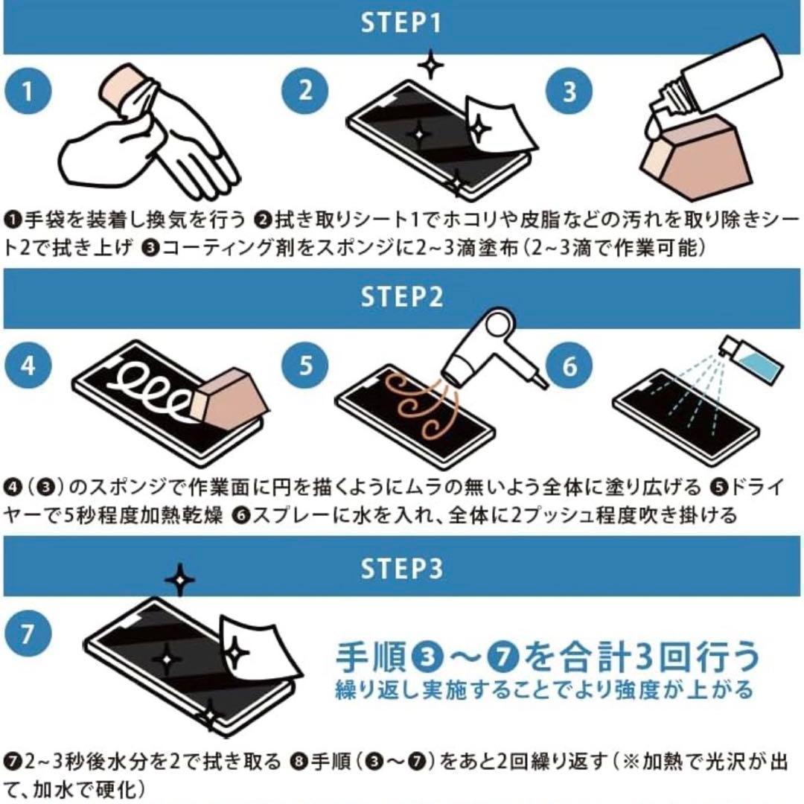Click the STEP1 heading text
coord(401,23)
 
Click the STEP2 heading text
coord(401,296)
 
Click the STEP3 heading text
coord(401,569)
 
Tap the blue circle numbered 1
coord(28,92)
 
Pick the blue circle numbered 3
coord(569,92)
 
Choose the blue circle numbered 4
coord(28,368)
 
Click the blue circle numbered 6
coord(569,368)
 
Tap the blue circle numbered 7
coord(28,636)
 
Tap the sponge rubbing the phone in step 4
coord(227,395)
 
